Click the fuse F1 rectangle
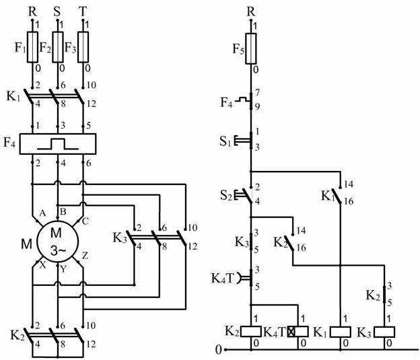32,47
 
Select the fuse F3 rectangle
83,47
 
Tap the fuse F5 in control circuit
251,48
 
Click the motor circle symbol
58,242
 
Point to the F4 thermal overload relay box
58,144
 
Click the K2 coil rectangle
251,332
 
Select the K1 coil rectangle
340,332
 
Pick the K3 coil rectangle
384,332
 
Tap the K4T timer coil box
298,332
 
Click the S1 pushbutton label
225,141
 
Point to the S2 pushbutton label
225,196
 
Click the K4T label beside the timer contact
223,278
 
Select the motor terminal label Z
85,256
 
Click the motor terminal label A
42,213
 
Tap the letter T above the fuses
83,11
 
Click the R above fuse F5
251,11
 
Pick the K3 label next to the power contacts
119,238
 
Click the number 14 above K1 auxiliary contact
349,184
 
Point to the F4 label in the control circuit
226,102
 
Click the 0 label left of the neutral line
219,350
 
